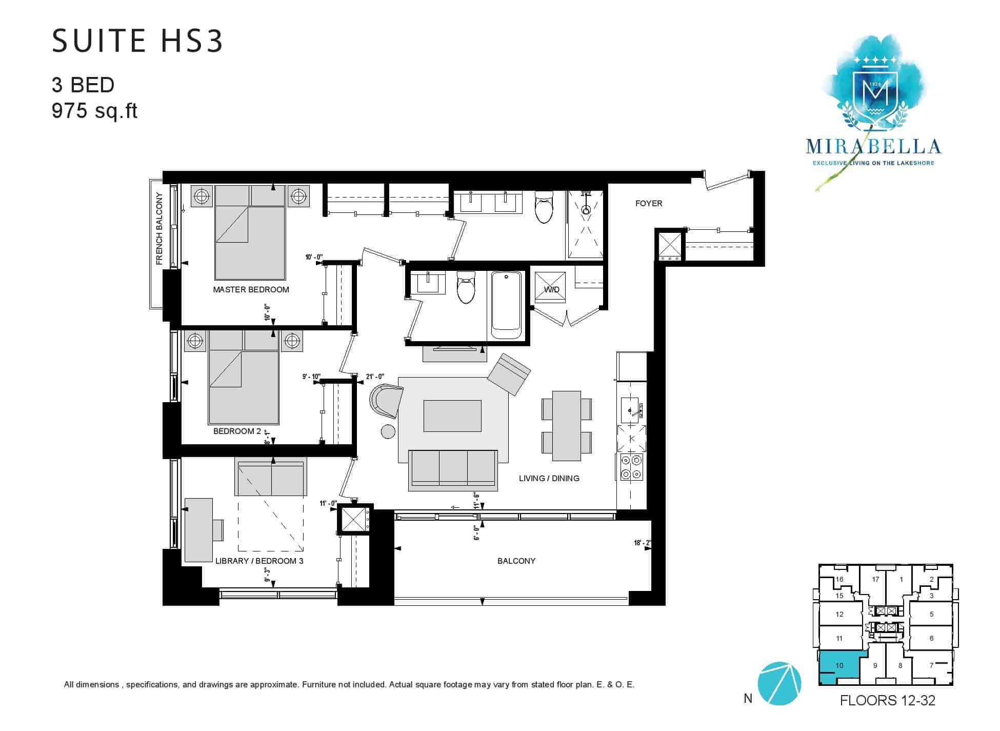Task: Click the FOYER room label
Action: click(x=648, y=203)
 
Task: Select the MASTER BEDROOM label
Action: click(x=251, y=289)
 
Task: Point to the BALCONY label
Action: click(x=516, y=561)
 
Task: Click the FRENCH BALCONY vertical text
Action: click(x=159, y=229)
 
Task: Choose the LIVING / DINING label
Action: click(x=549, y=478)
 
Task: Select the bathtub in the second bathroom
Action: click(x=506, y=306)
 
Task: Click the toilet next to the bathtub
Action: click(x=466, y=287)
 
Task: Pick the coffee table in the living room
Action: click(x=452, y=416)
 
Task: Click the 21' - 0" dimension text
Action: click(x=375, y=377)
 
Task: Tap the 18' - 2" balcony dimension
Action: click(x=643, y=543)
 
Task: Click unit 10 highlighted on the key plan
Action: click(x=839, y=667)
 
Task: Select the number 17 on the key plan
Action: click(x=875, y=579)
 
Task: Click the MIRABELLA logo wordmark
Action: click(x=873, y=147)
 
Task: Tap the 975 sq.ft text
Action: click(x=94, y=111)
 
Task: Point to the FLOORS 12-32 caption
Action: click(x=887, y=701)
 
